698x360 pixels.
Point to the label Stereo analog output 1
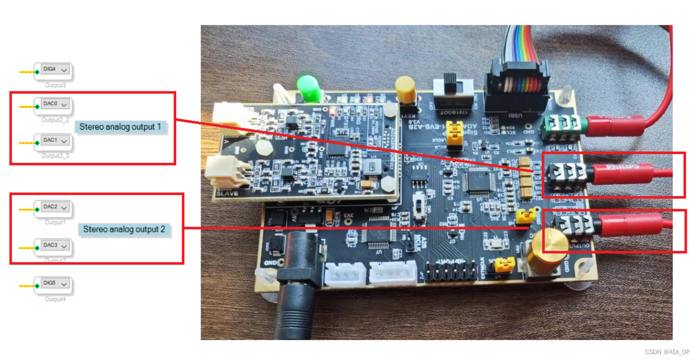point(121,127)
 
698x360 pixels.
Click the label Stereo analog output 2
point(124,229)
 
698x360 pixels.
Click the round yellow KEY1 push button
point(404,89)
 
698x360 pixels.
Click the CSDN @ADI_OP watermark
point(667,352)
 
